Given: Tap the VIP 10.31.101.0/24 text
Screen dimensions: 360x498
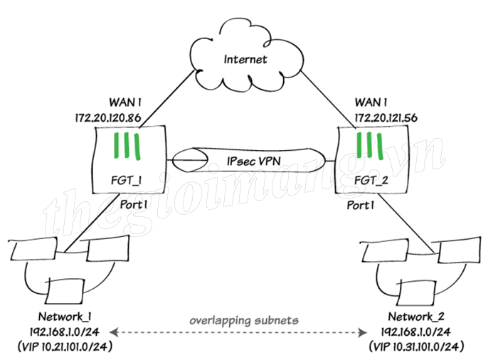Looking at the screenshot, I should pos(420,347).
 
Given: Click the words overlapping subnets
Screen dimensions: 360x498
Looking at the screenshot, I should pos(243,321).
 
